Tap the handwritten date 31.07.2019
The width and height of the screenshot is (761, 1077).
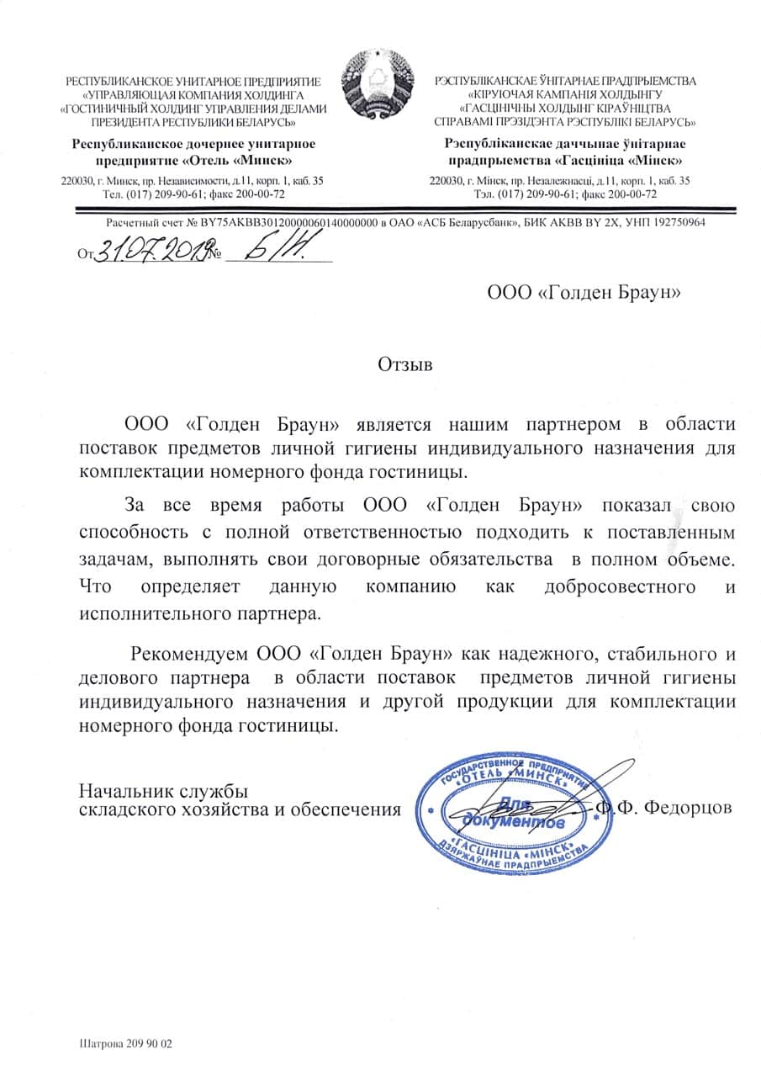pos(151,249)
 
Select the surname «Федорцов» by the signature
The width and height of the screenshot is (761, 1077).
pos(686,808)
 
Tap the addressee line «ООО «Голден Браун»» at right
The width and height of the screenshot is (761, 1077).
pos(584,292)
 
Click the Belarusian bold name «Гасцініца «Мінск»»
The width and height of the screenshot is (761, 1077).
pos(618,160)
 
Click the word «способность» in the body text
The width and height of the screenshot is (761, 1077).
pos(132,533)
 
